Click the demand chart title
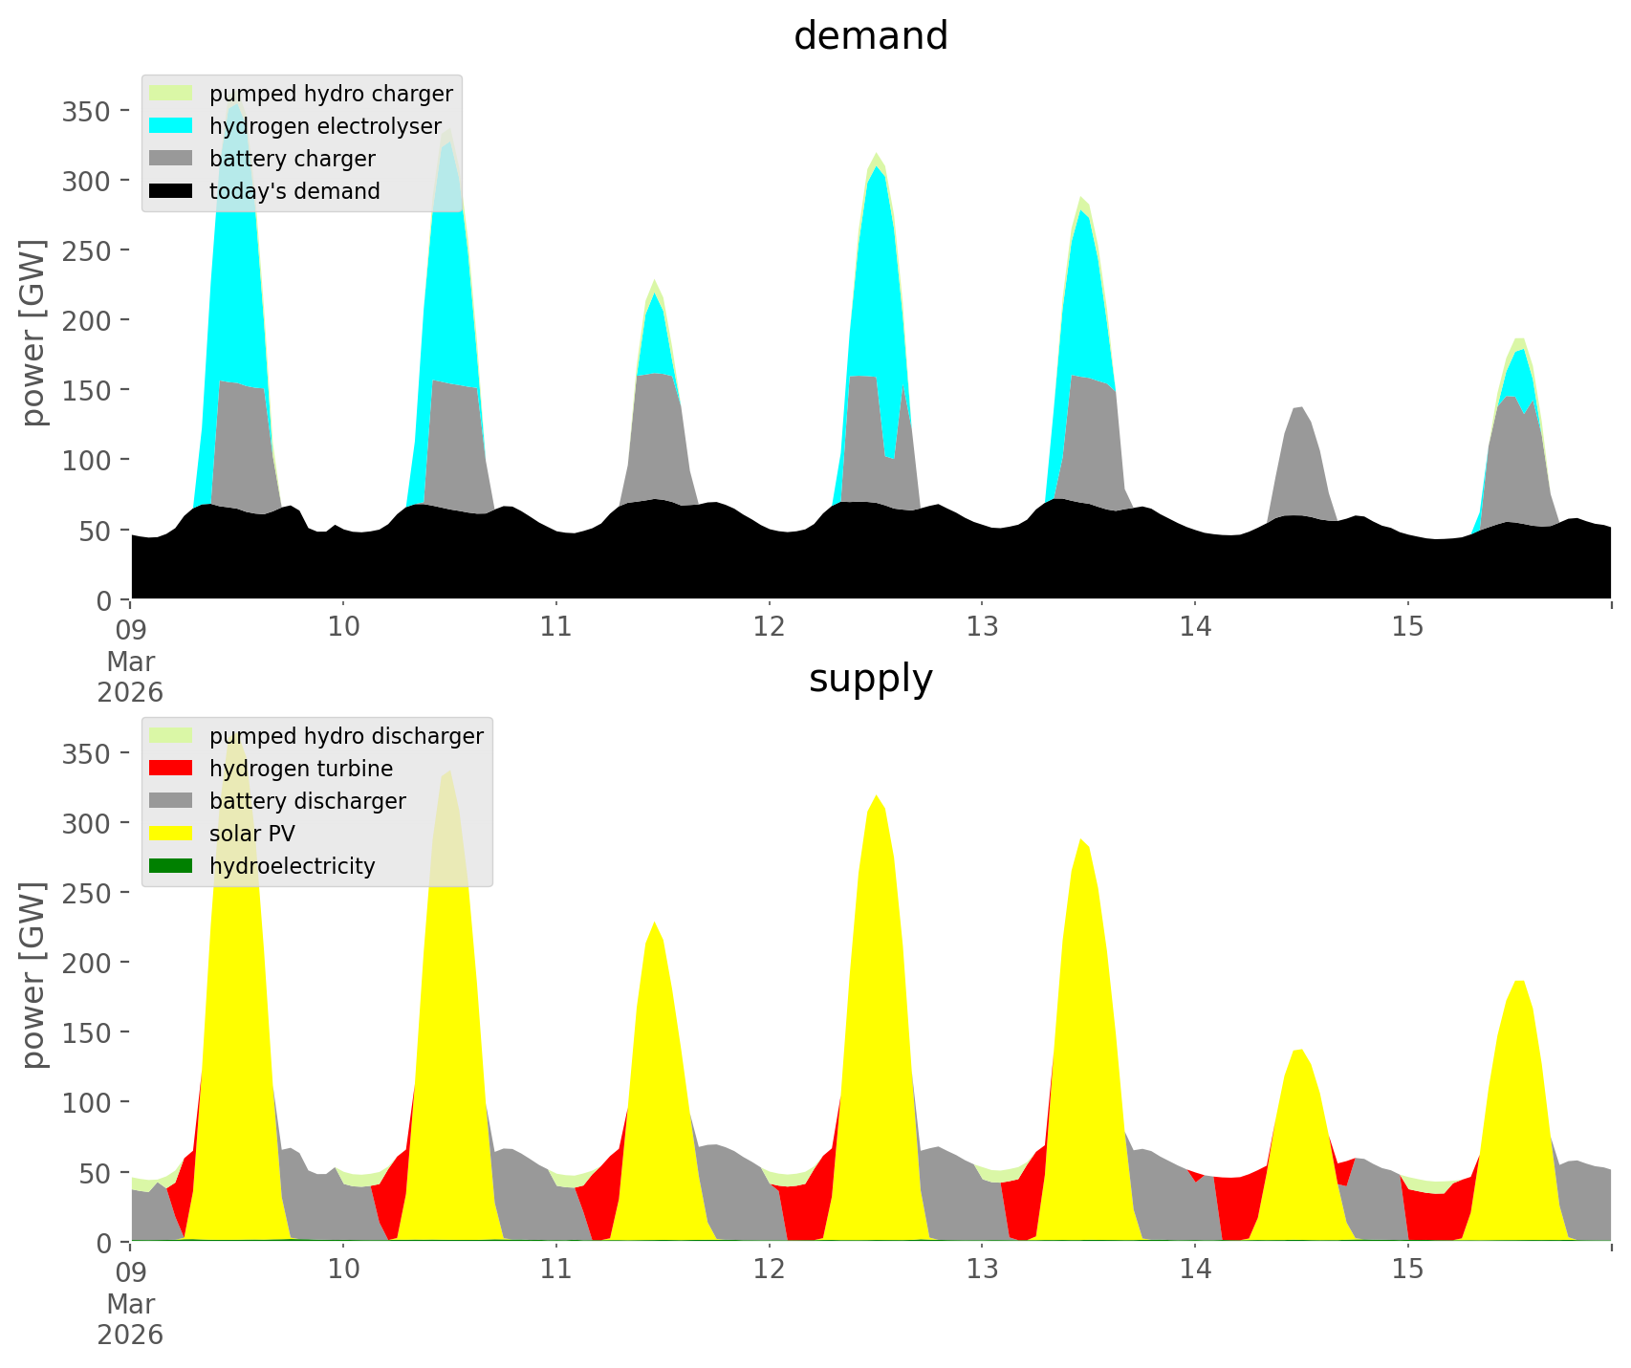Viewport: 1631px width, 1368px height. click(x=870, y=36)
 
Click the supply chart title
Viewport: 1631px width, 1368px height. click(x=870, y=679)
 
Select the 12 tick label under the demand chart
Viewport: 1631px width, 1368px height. click(x=769, y=626)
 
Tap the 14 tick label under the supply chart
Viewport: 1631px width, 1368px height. click(x=1194, y=1269)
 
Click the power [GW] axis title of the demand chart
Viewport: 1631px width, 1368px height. click(x=34, y=333)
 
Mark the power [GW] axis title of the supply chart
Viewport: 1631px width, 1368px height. click(x=34, y=975)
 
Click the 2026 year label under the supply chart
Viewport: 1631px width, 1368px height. click(x=130, y=1335)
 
